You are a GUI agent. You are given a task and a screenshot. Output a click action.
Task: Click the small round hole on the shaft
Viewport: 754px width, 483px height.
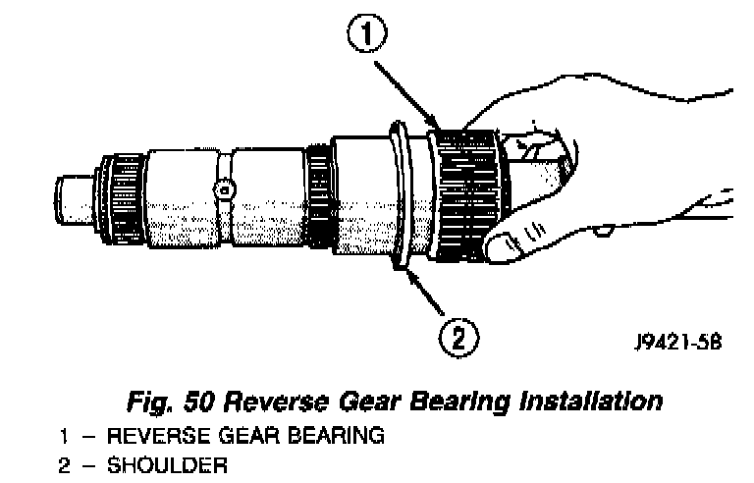(225, 187)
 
